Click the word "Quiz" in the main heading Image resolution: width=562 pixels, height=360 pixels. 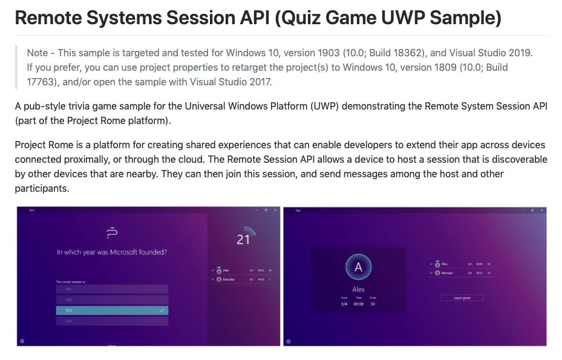(300, 18)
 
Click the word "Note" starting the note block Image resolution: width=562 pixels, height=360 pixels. (38, 53)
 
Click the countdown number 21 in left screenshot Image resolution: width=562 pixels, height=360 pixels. (243, 240)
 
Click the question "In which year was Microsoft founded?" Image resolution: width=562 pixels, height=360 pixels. (112, 252)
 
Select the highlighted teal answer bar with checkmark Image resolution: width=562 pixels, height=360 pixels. (112, 310)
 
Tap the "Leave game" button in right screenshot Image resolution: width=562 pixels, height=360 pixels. (462, 298)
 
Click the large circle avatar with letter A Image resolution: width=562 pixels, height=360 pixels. (358, 267)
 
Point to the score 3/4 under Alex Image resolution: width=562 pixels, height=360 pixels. (344, 304)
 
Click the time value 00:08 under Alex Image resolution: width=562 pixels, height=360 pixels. (358, 304)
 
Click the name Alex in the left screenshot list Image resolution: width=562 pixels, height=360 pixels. (226, 270)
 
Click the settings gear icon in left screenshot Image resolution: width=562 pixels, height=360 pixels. (22, 341)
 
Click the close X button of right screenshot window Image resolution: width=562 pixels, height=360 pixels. (541, 210)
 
